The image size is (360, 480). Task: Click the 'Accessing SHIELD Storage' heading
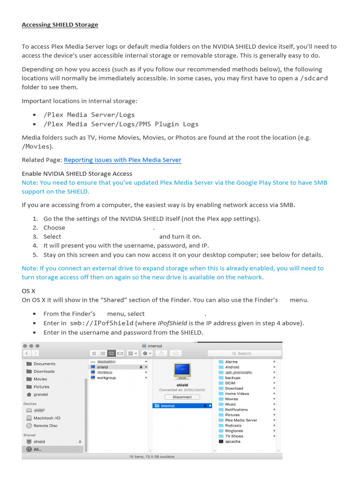60,24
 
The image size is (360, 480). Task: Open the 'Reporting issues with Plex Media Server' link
122,160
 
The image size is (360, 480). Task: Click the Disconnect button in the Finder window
182,397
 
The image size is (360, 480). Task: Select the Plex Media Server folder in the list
241,420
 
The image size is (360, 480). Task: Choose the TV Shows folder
234,436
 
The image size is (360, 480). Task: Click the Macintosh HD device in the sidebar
46,418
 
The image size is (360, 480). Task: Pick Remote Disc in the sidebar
45,426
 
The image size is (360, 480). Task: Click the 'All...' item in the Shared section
38,449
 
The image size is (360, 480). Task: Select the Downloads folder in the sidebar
44,371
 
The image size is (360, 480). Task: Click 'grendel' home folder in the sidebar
40,395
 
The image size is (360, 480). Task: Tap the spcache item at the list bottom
232,442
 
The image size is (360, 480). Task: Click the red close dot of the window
25,345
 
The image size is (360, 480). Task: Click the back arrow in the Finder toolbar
27,353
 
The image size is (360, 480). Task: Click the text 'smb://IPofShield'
102,323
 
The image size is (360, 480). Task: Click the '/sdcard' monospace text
314,78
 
